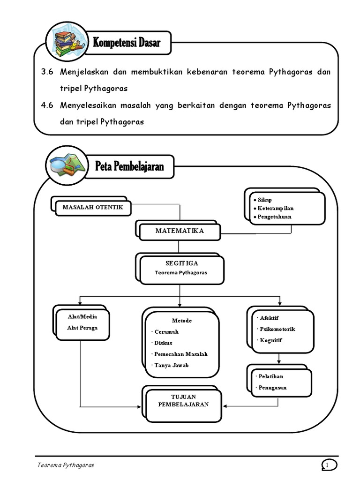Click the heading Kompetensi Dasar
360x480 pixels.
[127, 43]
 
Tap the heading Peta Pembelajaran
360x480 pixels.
[129, 166]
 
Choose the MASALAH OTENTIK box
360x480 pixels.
[93, 207]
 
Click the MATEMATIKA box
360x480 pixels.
[180, 231]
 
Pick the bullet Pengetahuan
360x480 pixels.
[274, 217]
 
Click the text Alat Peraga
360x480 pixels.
[82, 328]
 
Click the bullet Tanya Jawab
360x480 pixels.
[172, 365]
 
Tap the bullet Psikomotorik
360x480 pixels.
[277, 329]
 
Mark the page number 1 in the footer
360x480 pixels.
[329, 465]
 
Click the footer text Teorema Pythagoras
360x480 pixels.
[66, 465]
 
